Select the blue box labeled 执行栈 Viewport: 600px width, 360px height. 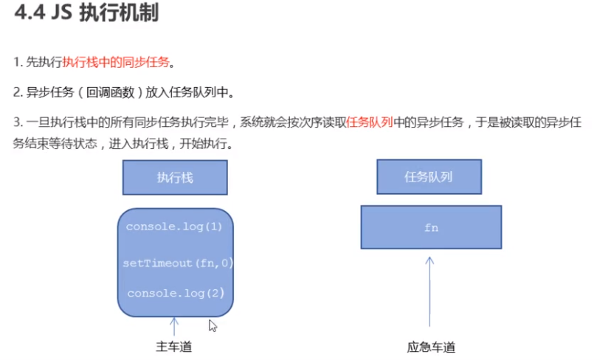(174, 178)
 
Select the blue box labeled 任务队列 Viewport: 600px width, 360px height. (429, 178)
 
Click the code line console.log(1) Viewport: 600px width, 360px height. (174, 226)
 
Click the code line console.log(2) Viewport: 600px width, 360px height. (175, 293)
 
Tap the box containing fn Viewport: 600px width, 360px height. (431, 227)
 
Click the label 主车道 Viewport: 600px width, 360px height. (174, 347)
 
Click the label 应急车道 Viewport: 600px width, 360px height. (431, 347)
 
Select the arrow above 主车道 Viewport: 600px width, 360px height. (174, 326)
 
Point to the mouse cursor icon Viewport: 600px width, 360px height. (213, 325)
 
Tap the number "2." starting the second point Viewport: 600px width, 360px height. (18, 93)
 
